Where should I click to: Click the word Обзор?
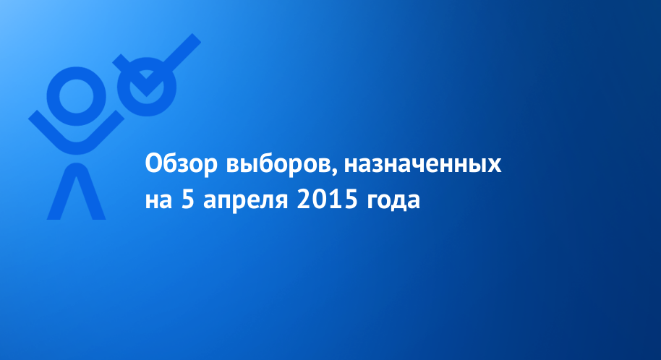click(x=181, y=164)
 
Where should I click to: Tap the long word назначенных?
click(x=423, y=165)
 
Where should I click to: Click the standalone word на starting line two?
click(x=158, y=201)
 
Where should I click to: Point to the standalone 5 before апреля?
click(x=187, y=200)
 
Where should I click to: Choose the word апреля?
click(x=245, y=202)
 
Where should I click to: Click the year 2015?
click(x=327, y=200)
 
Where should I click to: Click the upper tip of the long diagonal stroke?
click(x=197, y=38)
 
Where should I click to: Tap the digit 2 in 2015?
click(x=304, y=200)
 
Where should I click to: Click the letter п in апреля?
click(x=227, y=202)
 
